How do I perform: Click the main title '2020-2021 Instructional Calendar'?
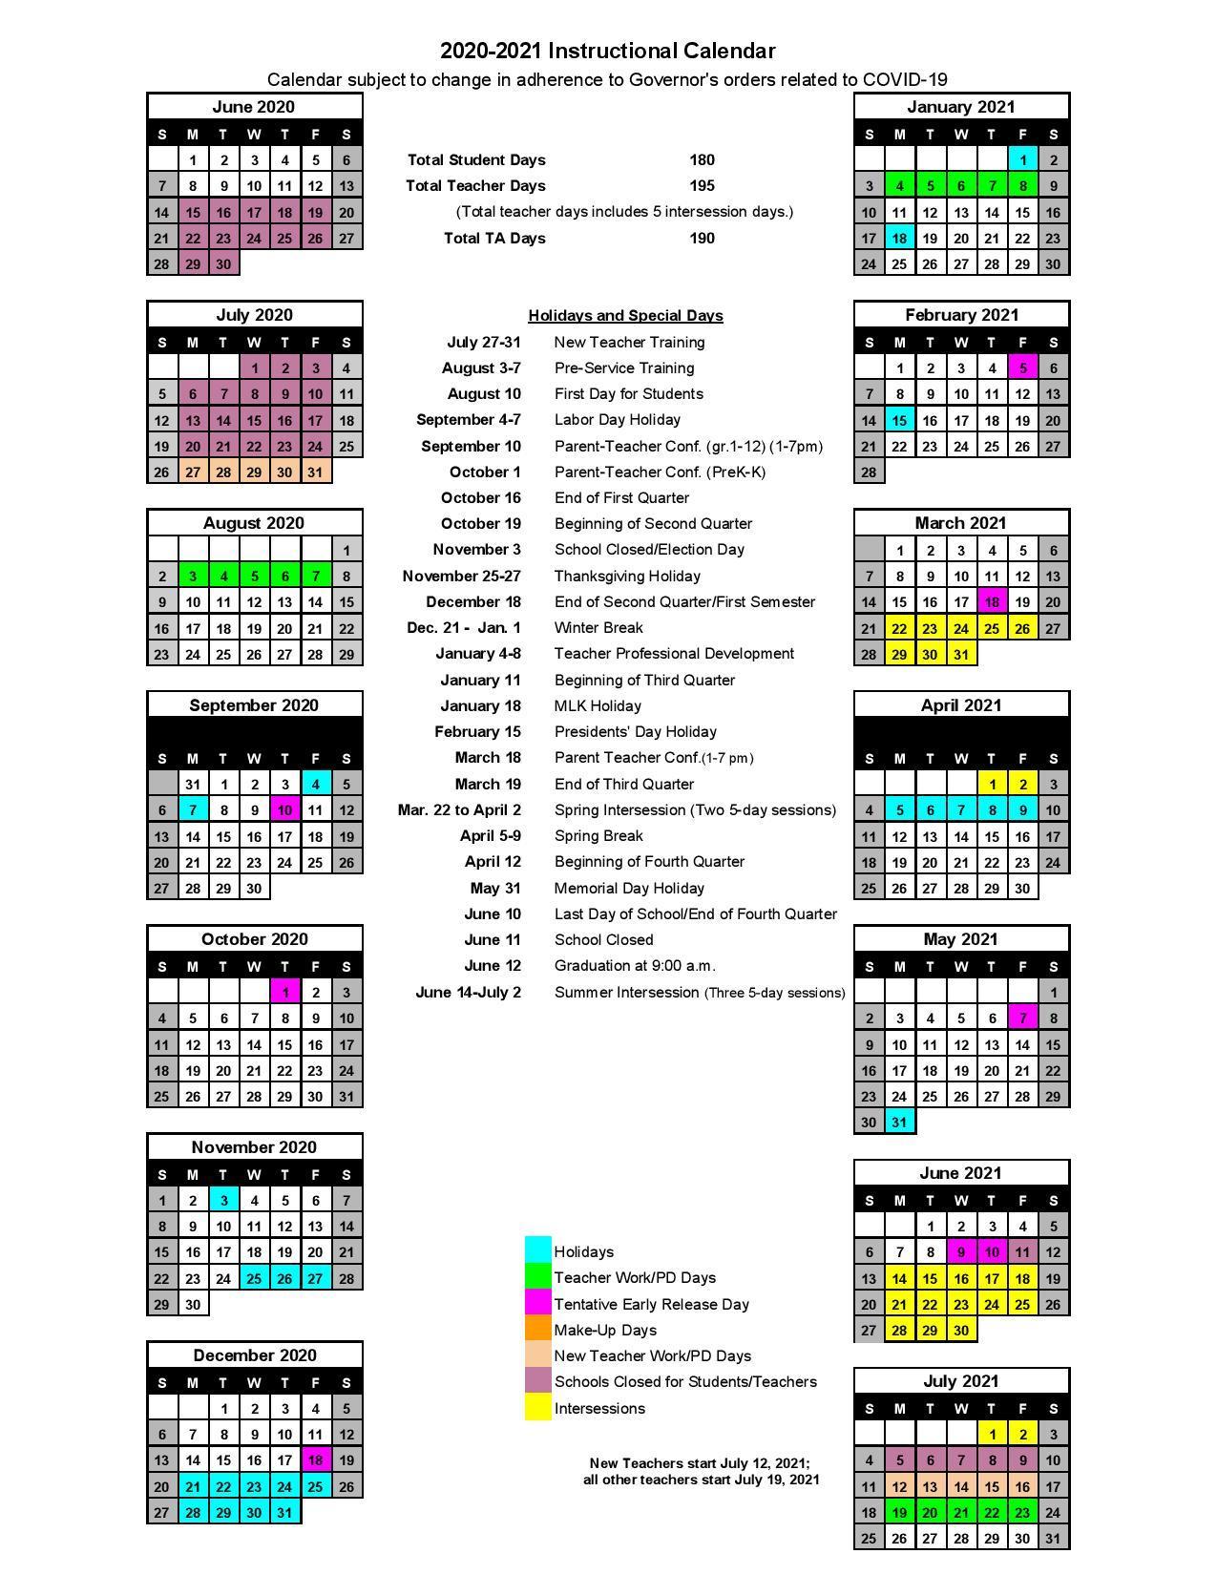pyautogui.click(x=607, y=51)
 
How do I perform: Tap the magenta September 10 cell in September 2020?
pyautogui.click(x=284, y=810)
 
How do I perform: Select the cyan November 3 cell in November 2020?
pyautogui.click(x=223, y=1201)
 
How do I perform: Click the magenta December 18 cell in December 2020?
pyautogui.click(x=315, y=1460)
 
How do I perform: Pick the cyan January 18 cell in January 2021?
pyautogui.click(x=899, y=239)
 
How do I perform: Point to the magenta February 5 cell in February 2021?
pyautogui.click(x=1022, y=368)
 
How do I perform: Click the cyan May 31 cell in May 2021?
pyautogui.click(x=899, y=1123)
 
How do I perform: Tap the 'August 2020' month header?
pyautogui.click(x=254, y=523)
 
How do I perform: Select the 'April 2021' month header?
pyautogui.click(x=960, y=705)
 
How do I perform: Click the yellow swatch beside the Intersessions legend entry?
pyautogui.click(x=538, y=1408)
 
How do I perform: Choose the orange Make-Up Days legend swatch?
pyautogui.click(x=538, y=1330)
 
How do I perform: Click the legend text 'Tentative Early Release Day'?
pyautogui.click(x=651, y=1304)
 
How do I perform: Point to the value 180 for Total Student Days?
pyautogui.click(x=702, y=160)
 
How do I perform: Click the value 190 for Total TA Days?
pyautogui.click(x=702, y=239)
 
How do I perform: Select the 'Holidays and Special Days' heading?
pyautogui.click(x=625, y=316)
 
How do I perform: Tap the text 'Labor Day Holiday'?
pyautogui.click(x=617, y=420)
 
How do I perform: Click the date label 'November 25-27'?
pyautogui.click(x=461, y=577)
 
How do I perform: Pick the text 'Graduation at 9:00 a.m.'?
pyautogui.click(x=635, y=966)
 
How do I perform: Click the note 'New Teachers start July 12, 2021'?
pyautogui.click(x=700, y=1463)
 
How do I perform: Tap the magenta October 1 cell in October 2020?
pyautogui.click(x=284, y=993)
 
